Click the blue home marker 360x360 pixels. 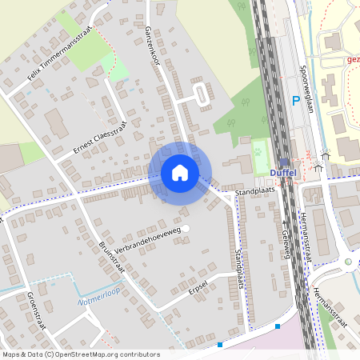tap(180, 173)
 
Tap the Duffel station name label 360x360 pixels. tap(283, 173)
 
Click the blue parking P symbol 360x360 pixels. tap(295, 102)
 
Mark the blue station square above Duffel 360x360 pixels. tap(283, 162)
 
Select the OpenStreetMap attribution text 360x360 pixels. tap(80, 354)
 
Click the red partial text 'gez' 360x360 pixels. tap(353, 58)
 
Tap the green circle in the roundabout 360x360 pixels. tap(348, 261)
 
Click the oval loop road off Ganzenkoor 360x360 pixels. tap(200, 97)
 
